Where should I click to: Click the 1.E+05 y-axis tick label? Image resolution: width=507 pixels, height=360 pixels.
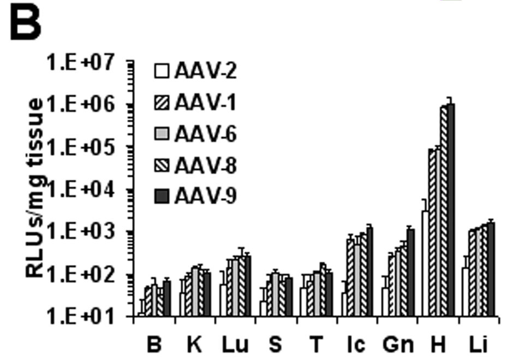coord(88,147)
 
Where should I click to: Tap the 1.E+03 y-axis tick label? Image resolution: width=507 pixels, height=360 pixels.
coord(88,232)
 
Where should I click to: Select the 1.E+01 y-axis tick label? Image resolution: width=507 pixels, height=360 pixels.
coord(88,317)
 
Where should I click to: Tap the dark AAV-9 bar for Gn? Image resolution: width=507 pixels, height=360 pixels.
coord(411,273)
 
